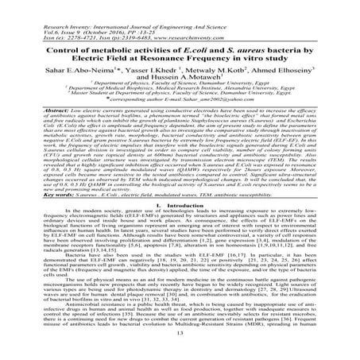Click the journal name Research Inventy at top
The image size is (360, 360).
(x=40, y=6)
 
